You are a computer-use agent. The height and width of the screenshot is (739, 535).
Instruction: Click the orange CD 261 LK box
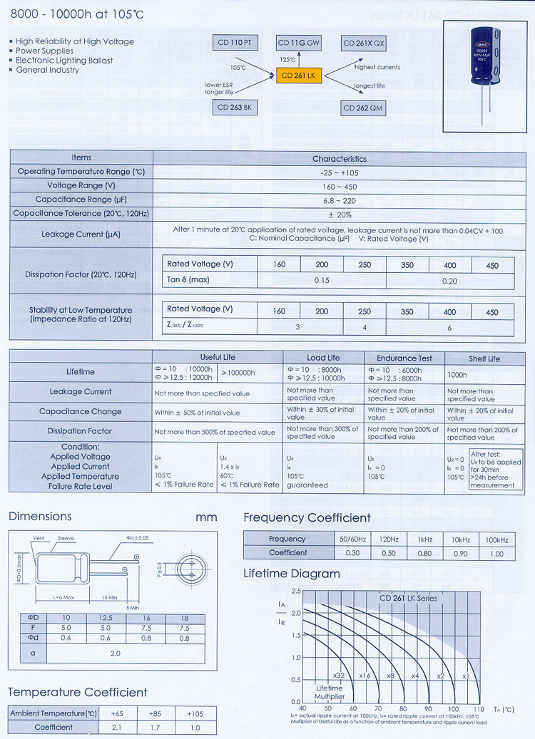click(x=298, y=76)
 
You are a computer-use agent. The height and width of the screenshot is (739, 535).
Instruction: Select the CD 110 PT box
click(x=234, y=43)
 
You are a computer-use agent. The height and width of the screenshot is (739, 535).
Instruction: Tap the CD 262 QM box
click(x=363, y=108)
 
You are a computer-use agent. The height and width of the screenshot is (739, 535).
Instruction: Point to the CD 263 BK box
click(x=234, y=108)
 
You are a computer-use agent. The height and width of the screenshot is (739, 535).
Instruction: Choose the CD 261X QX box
click(x=364, y=43)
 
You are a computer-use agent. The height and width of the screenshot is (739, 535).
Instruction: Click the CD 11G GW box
click(x=298, y=43)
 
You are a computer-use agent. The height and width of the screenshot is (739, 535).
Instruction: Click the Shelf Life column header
click(x=484, y=358)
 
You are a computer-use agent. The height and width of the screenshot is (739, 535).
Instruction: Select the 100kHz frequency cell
click(x=496, y=539)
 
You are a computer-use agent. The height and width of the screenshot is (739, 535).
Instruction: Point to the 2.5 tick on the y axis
click(x=295, y=591)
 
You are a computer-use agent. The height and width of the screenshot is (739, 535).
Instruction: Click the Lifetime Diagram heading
click(x=291, y=574)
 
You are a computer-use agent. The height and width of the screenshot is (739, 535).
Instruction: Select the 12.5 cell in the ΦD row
click(x=106, y=618)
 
